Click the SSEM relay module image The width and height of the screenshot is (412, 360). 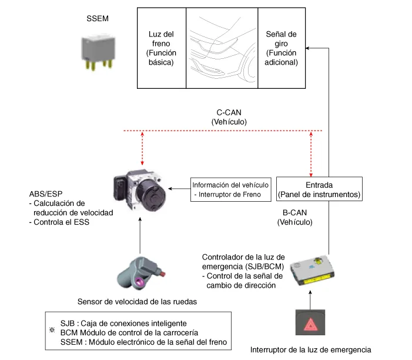[98, 52]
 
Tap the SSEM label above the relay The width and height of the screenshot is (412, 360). [98, 18]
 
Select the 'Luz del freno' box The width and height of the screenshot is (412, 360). [162, 48]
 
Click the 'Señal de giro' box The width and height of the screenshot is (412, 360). [282, 48]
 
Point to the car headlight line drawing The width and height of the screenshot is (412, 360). [222, 48]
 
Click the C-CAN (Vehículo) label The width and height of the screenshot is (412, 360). [229, 117]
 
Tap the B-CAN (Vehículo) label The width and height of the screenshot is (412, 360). [295, 217]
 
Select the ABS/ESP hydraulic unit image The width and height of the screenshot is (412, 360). [140, 191]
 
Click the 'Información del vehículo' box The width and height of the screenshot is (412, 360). [231, 189]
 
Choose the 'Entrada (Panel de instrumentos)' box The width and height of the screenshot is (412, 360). [319, 189]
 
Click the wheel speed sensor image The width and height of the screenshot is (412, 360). [141, 274]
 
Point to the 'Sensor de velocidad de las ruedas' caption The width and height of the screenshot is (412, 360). [137, 302]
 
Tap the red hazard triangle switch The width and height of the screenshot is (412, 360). [310, 322]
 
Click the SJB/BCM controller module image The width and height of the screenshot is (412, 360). [312, 270]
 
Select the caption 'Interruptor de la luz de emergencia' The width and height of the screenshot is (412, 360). [310, 350]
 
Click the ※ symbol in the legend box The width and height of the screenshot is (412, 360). [52, 330]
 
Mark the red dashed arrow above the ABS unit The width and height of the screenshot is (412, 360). [142, 148]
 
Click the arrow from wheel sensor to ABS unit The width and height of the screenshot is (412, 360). [140, 235]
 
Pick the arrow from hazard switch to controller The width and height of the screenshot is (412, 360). [310, 300]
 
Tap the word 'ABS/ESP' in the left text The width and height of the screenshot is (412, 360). [46, 194]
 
